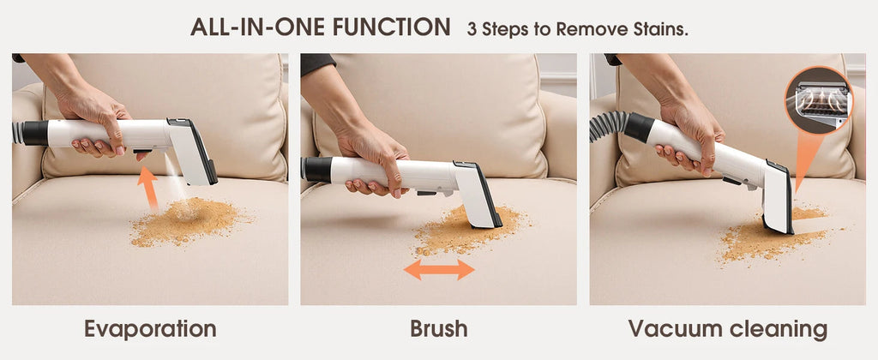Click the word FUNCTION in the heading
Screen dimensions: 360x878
389,27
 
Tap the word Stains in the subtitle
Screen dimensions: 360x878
661,28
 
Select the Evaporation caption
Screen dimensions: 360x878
150,329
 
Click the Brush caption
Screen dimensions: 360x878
438,329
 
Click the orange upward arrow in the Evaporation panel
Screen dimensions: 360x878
148,188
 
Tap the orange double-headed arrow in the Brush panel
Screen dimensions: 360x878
439,270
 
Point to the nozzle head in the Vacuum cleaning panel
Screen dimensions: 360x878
778,201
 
